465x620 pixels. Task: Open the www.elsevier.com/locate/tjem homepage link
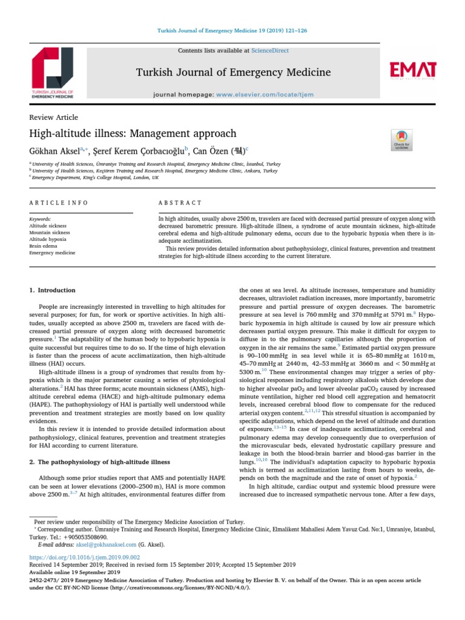coord(268,95)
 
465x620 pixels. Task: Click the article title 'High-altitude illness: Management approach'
coord(133,133)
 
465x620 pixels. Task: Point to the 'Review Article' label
coord(53,117)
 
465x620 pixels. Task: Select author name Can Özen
coord(208,150)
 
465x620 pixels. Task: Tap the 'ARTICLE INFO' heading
coord(59,202)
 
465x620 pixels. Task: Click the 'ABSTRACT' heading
coord(180,202)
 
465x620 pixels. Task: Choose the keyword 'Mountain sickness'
coord(50,231)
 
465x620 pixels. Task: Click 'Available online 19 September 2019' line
coord(74,572)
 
